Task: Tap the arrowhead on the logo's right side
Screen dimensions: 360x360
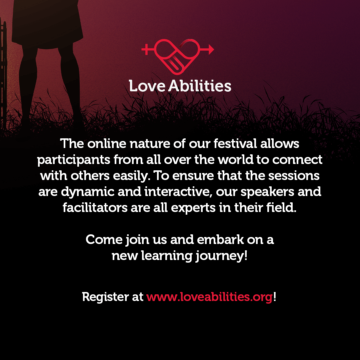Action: pyautogui.click(x=211, y=49)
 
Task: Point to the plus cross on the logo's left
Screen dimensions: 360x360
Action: pyautogui.click(x=146, y=49)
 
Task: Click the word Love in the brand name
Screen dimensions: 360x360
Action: pyautogui.click(x=147, y=86)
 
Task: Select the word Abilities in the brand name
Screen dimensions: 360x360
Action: pyautogui.click(x=200, y=86)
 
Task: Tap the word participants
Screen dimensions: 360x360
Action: pyautogui.click(x=74, y=160)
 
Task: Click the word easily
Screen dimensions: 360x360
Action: pyautogui.click(x=132, y=176)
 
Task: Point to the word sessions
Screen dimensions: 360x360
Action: pyautogui.click(x=294, y=176)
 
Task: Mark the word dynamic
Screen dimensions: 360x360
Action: pyautogui.click(x=88, y=192)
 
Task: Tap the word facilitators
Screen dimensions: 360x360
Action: pyautogui.click(x=95, y=208)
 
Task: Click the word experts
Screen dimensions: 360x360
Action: pyautogui.click(x=193, y=208)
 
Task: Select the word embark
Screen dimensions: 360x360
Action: pyautogui.click(x=220, y=239)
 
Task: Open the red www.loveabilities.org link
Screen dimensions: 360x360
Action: pyautogui.click(x=209, y=297)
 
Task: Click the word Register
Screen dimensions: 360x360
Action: pyautogui.click(x=105, y=297)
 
